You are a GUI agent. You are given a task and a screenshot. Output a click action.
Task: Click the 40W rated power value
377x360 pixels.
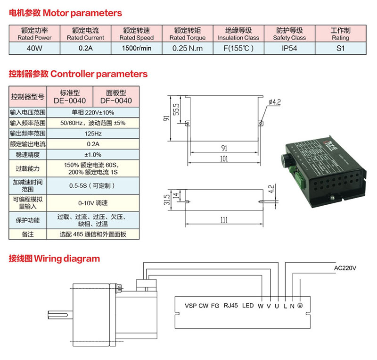click(34, 48)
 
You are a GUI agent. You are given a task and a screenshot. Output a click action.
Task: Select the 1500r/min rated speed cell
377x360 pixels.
click(136, 48)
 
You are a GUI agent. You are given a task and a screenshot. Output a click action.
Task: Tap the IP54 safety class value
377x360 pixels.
click(289, 48)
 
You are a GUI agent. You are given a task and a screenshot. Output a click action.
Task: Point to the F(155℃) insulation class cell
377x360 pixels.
click(238, 48)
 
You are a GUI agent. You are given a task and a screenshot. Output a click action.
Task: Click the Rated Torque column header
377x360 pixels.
click(187, 34)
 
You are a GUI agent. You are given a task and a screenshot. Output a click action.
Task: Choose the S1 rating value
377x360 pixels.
click(340, 48)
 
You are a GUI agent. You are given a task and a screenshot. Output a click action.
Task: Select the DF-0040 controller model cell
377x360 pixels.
click(115, 97)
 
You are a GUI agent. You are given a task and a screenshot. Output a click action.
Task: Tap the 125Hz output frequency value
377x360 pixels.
click(93, 134)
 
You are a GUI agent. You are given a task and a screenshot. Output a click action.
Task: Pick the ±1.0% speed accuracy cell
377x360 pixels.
click(93, 154)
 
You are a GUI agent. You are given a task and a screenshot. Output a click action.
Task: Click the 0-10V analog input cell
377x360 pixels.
click(93, 203)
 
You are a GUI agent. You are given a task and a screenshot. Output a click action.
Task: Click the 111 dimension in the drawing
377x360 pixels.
click(224, 219)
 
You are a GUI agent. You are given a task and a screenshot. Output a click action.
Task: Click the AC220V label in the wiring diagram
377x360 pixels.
click(345, 268)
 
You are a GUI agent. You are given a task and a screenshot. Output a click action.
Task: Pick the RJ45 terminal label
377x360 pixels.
click(231, 305)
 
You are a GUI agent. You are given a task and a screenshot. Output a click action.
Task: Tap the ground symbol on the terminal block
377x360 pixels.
click(300, 306)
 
